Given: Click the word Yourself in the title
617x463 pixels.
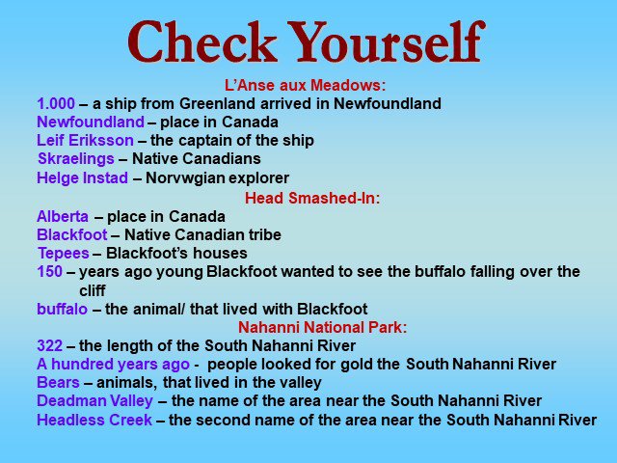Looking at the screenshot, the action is pos(388,41).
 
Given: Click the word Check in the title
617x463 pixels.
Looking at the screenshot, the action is pos(201,41).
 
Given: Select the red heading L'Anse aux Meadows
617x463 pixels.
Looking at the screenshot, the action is pos(305,85).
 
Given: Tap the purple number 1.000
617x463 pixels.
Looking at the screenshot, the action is pos(56,103).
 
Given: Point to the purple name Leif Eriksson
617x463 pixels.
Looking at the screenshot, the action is pos(85,140).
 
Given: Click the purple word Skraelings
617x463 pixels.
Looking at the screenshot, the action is pos(76,158).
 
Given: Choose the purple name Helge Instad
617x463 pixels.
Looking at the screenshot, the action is pos(82,177).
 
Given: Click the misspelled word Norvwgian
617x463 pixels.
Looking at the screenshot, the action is pos(185,177).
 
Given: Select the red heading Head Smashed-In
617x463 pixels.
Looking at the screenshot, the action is pos(312,198).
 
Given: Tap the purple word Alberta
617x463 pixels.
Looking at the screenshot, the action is pos(63,216).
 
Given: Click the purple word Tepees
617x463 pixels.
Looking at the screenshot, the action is pos(64,253).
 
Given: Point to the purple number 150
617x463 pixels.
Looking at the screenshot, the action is pos(49,271).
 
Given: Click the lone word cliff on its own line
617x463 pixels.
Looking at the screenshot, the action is pos(93,290).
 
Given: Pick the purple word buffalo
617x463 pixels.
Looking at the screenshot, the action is pos(62,309).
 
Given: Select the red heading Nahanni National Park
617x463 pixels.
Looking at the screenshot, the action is pos(322,327).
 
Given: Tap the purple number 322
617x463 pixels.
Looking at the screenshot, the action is pos(49,345).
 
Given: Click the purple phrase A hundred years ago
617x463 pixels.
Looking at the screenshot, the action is pos(113,365).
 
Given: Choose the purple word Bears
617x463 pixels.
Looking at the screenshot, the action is pos(58,382).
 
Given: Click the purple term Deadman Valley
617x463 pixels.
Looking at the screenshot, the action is pos(94,401).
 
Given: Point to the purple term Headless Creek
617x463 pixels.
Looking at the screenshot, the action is pos(94,420).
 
